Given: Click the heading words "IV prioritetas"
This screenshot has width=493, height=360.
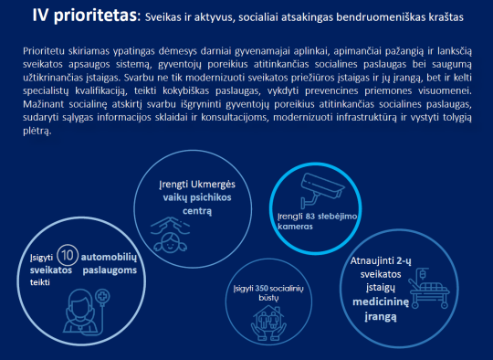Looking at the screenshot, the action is [x=85, y=16].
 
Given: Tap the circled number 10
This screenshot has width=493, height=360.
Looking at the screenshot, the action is [x=68, y=255].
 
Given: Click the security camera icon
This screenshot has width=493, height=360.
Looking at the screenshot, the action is [x=321, y=190].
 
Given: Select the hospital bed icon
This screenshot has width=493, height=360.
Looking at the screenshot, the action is [x=428, y=288].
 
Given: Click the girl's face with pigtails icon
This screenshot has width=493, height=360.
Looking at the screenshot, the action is [x=170, y=234].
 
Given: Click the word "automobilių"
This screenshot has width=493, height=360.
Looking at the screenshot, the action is [x=109, y=258].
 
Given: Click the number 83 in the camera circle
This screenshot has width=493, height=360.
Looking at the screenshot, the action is [x=310, y=217].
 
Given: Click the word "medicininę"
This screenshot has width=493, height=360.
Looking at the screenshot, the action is [x=381, y=302].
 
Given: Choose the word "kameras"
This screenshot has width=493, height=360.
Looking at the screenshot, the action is [x=295, y=227].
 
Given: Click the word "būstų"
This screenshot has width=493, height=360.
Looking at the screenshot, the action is [x=268, y=298].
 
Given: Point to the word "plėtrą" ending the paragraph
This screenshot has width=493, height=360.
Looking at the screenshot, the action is [x=37, y=132].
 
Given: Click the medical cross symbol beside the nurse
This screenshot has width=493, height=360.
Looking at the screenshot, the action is [x=102, y=296].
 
